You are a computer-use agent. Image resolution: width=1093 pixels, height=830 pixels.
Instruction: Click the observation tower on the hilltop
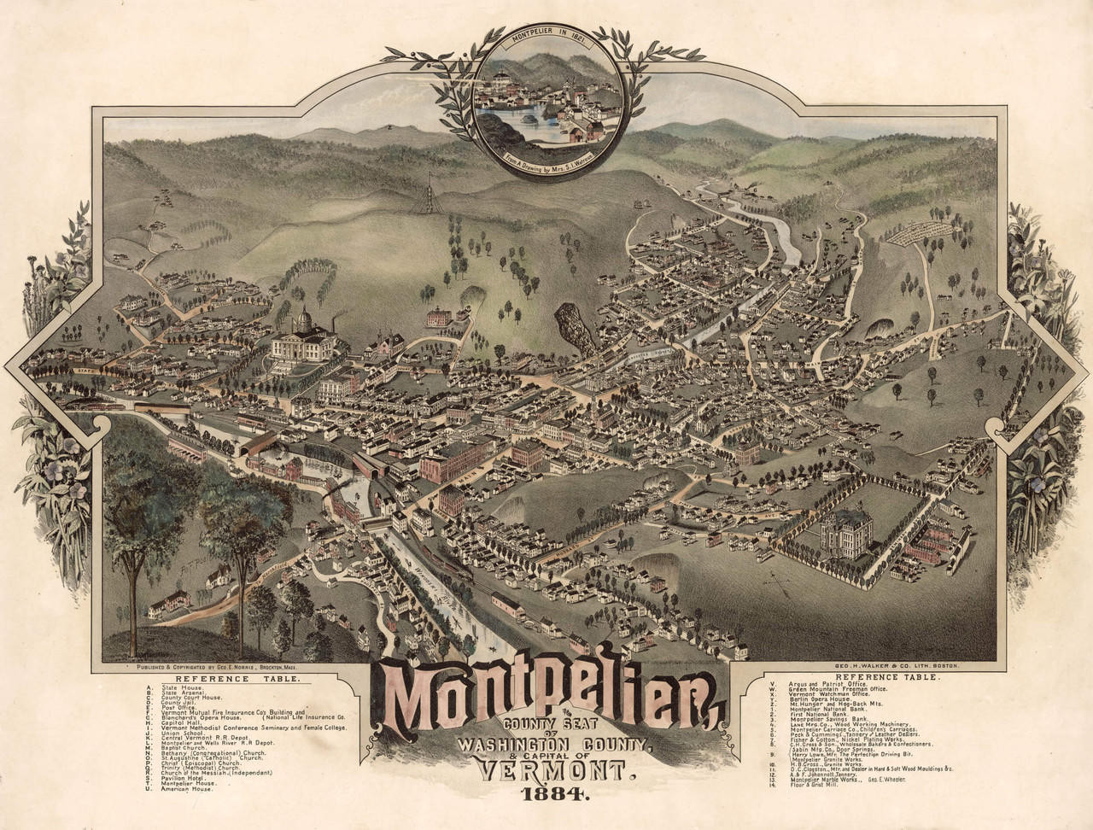(x=422, y=193)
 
